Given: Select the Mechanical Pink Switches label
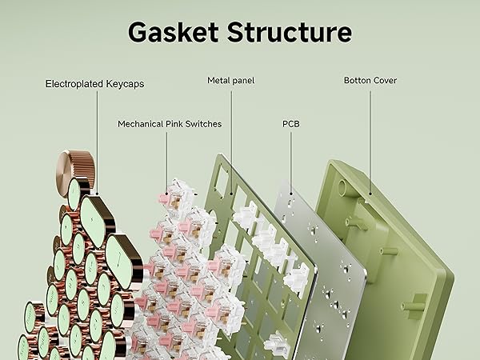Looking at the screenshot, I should pos(170,124).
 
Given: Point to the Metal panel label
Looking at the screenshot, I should pos(231,80).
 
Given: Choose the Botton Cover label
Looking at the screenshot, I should pos(370,80).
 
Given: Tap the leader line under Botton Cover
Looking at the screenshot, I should pos(370,140).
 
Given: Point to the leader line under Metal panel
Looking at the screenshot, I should pos(231,136).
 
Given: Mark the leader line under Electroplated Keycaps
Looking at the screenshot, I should pos(95,136).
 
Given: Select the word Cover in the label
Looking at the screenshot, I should pos(384,80).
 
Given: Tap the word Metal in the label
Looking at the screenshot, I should pos(219,80).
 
